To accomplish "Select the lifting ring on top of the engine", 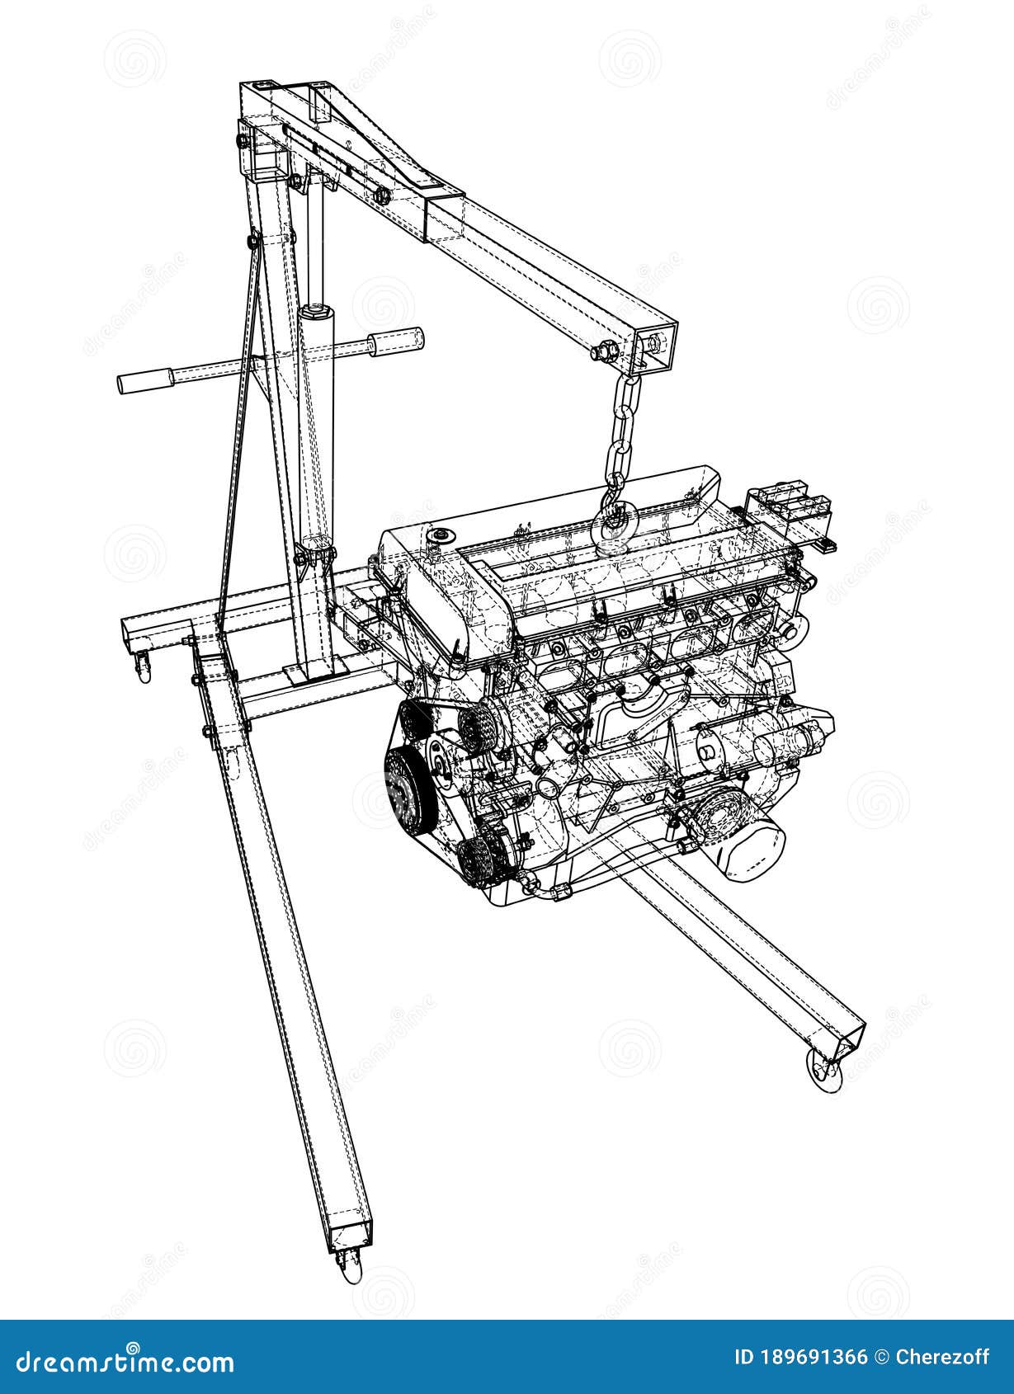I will pyautogui.click(x=613, y=521).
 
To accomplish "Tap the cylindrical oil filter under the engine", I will pyautogui.click(x=752, y=849).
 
